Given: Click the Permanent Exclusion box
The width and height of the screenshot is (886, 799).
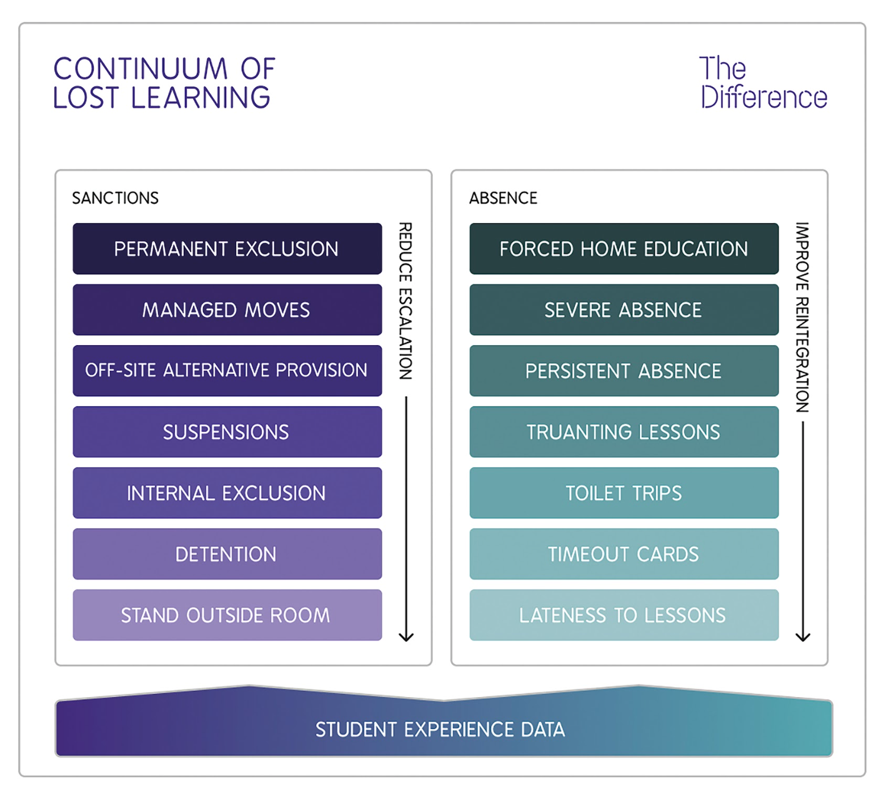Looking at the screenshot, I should coord(227,249).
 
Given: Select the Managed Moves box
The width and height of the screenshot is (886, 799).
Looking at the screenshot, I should coord(227,310).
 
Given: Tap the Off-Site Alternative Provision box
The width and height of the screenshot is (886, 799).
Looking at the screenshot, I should coord(227,371).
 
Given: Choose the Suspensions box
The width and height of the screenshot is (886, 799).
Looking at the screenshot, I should coord(227,432).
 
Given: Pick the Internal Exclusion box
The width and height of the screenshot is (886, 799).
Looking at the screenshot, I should coord(227,493).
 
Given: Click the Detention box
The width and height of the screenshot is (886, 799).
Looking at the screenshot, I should coord(227,554).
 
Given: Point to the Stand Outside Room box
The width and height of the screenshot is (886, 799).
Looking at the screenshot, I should coord(227,615).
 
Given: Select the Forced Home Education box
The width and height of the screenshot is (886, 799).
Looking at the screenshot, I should coord(624,249).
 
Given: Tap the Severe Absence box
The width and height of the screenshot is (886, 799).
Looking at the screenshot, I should coord(624,310).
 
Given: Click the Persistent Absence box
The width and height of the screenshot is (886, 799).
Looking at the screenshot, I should coord(624,371).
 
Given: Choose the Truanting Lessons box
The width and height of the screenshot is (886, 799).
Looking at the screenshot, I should coord(624,432).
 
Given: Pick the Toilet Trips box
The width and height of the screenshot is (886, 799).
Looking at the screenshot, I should coord(624,493).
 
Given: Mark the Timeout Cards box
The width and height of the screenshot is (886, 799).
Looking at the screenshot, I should coord(624,554).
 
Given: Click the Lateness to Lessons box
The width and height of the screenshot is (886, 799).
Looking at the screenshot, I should coord(624,615).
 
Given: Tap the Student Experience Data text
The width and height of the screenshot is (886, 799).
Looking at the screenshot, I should coord(440,730).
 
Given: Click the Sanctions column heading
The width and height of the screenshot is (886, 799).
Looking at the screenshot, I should coord(116,198).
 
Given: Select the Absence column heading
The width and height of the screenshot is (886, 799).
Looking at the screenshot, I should coord(503,198).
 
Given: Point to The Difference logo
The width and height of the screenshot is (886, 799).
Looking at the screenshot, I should coord(763,83).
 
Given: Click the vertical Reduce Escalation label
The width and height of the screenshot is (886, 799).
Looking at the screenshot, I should coord(406,301).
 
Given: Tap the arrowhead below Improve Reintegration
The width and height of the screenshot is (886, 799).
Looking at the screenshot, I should coord(803,636).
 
